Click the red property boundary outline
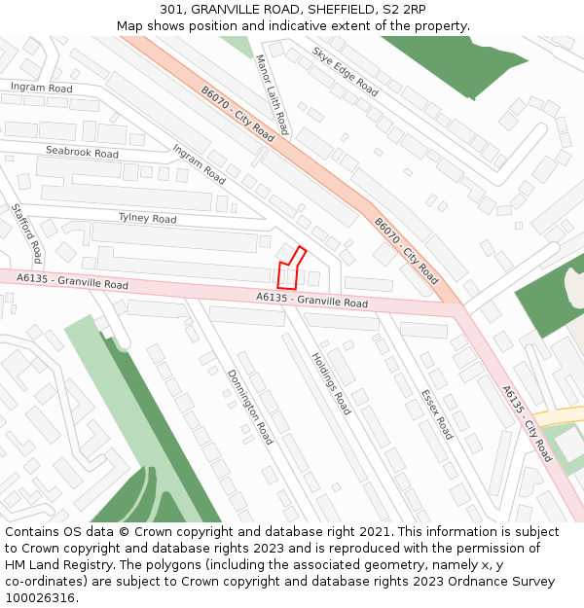290,269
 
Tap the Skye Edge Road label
345,71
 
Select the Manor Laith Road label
272,94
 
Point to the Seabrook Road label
82,153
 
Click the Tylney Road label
147,219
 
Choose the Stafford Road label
26,232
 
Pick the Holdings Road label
331,382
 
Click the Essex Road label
436,414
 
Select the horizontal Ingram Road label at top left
41,89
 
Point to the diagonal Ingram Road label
199,164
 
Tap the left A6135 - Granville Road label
72,282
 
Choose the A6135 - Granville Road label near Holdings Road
311,302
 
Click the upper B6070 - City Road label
237,114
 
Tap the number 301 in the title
172,9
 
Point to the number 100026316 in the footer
40,597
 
